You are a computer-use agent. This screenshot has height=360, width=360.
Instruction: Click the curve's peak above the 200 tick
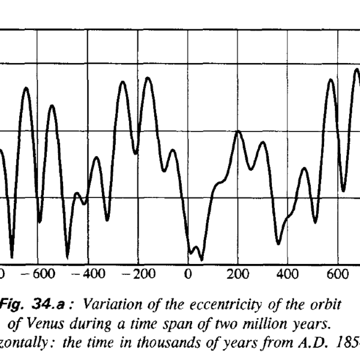coord(238,131)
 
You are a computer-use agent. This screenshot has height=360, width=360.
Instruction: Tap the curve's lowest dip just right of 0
coord(202,259)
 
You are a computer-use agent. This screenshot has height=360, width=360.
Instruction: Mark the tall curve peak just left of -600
coord(26,88)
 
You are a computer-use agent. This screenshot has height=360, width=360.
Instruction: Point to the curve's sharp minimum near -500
coord(67,257)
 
